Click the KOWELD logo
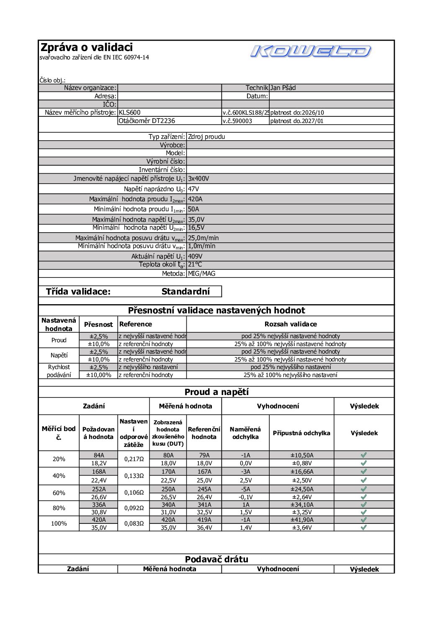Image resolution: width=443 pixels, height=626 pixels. point(310,51)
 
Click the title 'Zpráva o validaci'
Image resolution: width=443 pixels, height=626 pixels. point(86,47)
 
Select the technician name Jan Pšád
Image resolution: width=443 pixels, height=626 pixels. point(283,88)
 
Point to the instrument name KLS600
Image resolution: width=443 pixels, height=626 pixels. point(130,113)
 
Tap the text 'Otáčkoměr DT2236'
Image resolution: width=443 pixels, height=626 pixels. point(147,121)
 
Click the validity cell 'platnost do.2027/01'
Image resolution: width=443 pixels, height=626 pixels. point(297,121)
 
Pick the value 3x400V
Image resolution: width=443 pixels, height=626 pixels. point(198,179)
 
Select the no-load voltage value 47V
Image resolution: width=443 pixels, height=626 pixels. point(193,189)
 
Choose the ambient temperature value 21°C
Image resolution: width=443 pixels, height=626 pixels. point(195,264)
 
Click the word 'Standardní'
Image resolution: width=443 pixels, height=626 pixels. point(185,292)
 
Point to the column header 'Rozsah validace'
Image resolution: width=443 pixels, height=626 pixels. point(290,324)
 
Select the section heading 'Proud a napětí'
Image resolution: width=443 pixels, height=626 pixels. point(216,392)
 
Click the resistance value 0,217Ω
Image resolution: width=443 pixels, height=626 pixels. point(134,459)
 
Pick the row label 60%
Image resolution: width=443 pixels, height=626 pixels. point(59,493)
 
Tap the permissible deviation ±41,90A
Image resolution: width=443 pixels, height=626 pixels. point(301,520)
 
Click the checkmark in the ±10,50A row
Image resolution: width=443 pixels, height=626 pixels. point(363,455)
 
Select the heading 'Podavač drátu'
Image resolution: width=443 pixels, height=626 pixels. point(216,559)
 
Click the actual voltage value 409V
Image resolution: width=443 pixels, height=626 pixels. point(195,256)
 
